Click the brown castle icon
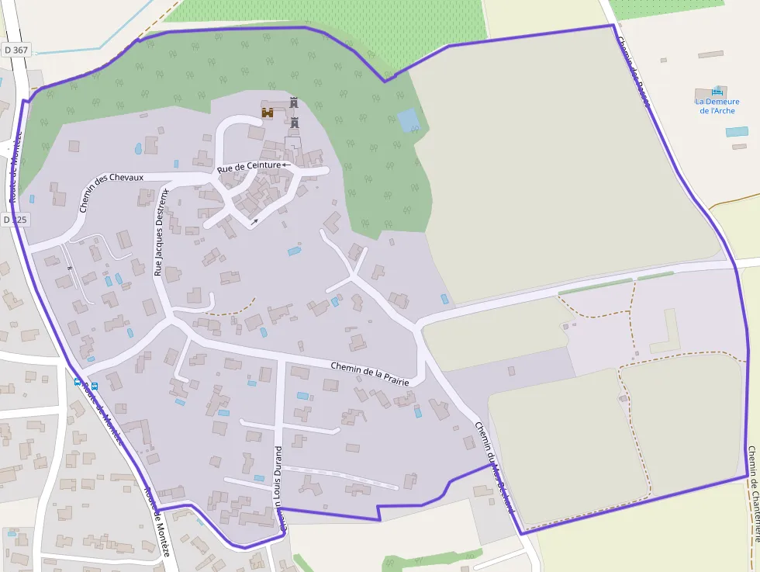(268, 113)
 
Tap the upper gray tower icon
(294, 102)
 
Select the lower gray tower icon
(295, 122)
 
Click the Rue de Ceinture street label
(248, 166)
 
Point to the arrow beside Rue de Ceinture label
(286, 165)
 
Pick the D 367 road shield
(16, 50)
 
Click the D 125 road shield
(16, 220)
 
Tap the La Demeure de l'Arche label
(717, 106)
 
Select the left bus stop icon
(77, 382)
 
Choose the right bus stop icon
(95, 386)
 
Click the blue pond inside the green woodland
(406, 120)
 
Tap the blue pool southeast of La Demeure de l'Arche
(737, 132)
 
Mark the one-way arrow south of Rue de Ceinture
(254, 221)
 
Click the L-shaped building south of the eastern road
(665, 331)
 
